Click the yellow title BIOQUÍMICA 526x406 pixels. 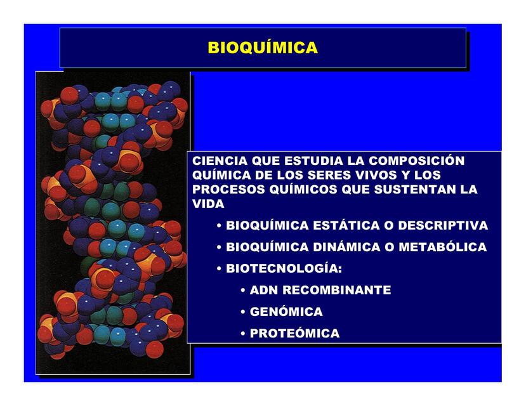click(x=263, y=48)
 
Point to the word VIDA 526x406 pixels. click(x=208, y=204)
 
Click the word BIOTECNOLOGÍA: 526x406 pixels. click(x=284, y=269)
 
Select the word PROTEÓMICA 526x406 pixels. click(x=294, y=334)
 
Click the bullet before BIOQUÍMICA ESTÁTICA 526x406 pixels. click(x=219, y=226)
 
